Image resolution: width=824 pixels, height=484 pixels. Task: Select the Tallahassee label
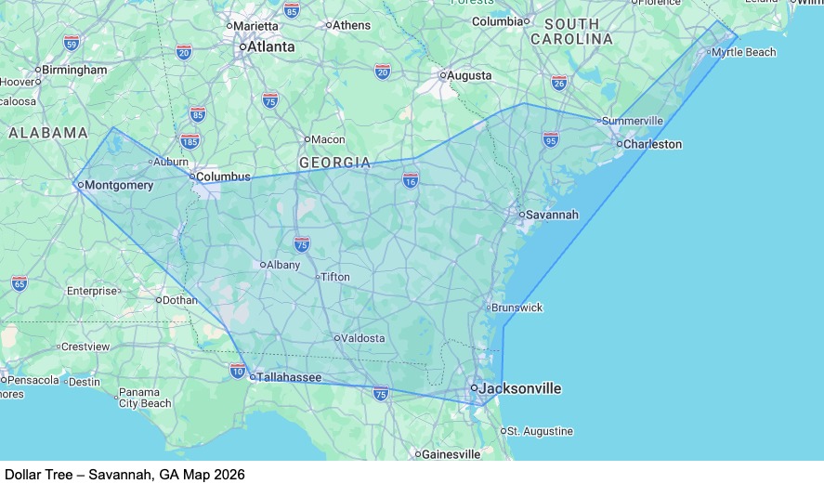289,377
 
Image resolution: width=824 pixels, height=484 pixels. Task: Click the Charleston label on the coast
652,144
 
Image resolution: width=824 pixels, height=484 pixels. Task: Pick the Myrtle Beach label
743,52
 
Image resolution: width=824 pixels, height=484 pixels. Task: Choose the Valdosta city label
363,338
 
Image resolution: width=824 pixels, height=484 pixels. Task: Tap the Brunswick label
518,307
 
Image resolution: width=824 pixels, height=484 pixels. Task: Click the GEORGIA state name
334,163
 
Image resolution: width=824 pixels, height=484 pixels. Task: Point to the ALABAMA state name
48,133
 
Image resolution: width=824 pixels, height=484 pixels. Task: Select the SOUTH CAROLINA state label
571,31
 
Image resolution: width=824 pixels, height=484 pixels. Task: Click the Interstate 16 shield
411,179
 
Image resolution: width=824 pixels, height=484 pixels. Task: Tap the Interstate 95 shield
551,139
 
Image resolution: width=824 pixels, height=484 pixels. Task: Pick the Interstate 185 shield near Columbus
190,141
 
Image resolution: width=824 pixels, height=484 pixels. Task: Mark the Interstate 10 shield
238,372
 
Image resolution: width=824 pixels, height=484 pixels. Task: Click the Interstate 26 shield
559,83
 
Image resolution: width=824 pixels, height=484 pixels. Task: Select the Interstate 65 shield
20,282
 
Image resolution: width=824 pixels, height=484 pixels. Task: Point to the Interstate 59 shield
72,43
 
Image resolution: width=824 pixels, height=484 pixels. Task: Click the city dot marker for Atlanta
242,46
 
